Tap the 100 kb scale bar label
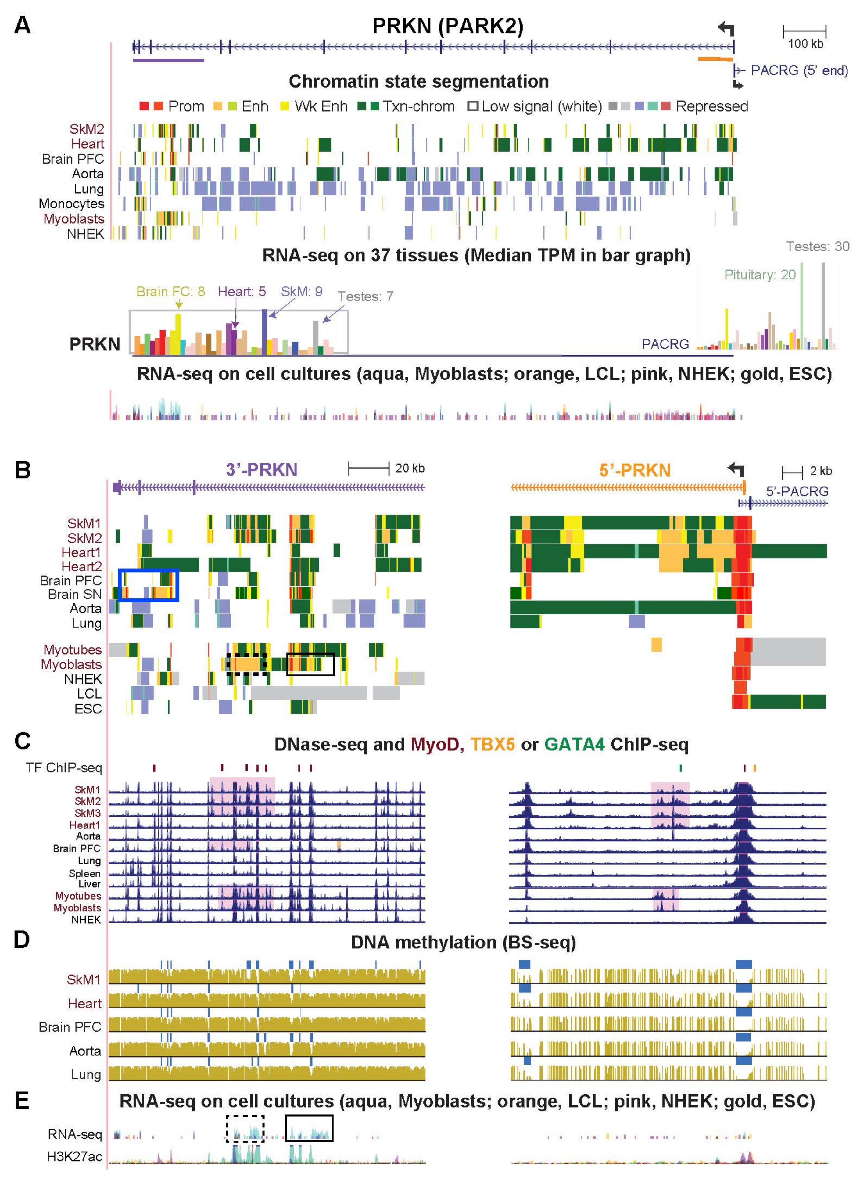tap(805, 44)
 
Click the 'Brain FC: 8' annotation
tap(170, 291)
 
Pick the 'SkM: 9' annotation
tap(302, 291)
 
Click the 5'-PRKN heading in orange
tap(635, 470)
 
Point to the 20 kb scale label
tap(409, 468)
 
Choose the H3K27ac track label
tap(74, 1156)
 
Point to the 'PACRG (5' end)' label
tap(799, 70)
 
